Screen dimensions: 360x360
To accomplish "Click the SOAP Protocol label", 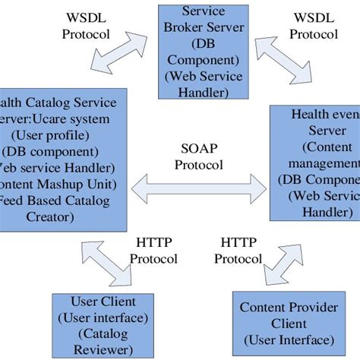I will tap(201, 155).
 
